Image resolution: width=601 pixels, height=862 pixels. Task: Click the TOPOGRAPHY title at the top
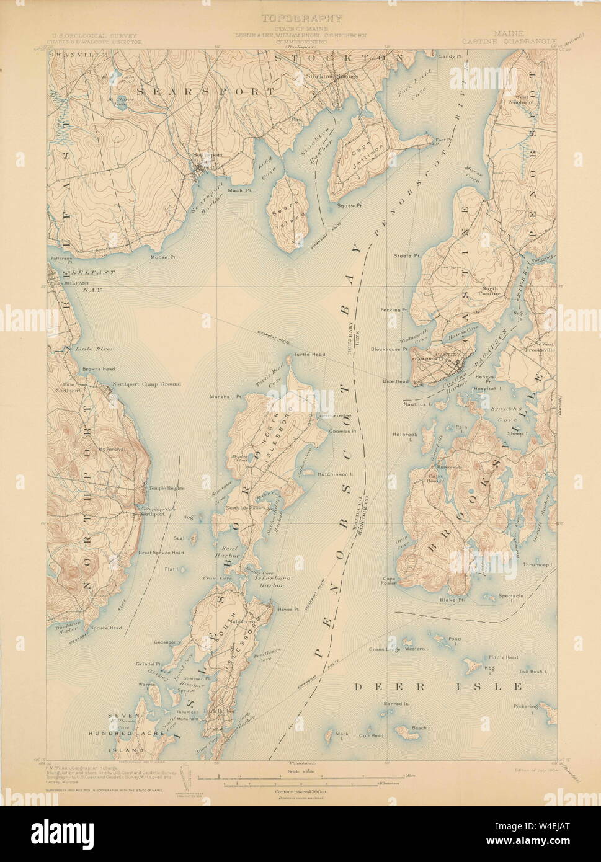click(301, 19)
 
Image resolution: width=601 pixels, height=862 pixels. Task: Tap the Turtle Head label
click(309, 355)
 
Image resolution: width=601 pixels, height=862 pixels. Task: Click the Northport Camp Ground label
click(147, 384)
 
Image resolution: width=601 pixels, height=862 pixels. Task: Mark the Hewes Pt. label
click(289, 609)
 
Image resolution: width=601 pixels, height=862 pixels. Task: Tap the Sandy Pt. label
click(451, 56)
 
